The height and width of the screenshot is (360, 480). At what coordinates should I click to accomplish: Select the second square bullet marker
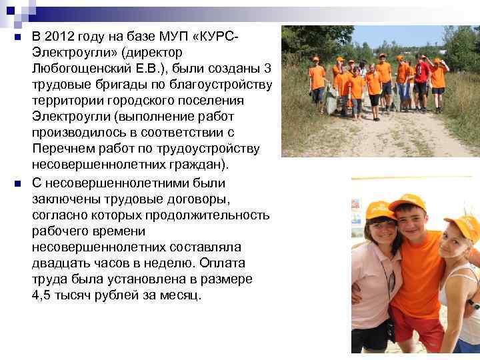17,183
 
